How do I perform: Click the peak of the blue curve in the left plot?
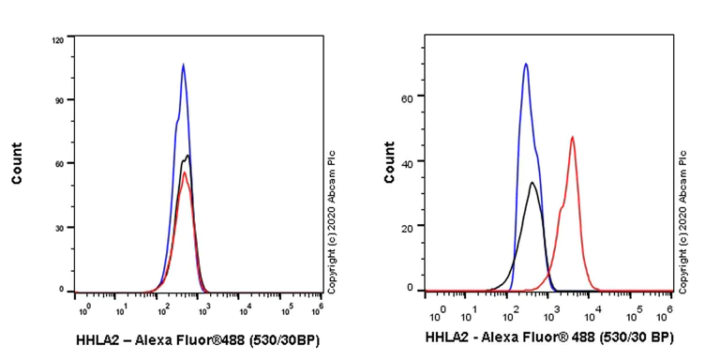183,65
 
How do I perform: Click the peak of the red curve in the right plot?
572,137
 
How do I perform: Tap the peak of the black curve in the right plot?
532,183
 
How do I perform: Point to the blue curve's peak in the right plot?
526,64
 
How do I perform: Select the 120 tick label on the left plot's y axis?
57,40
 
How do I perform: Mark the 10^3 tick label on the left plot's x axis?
204,308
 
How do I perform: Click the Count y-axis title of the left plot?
18,163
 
